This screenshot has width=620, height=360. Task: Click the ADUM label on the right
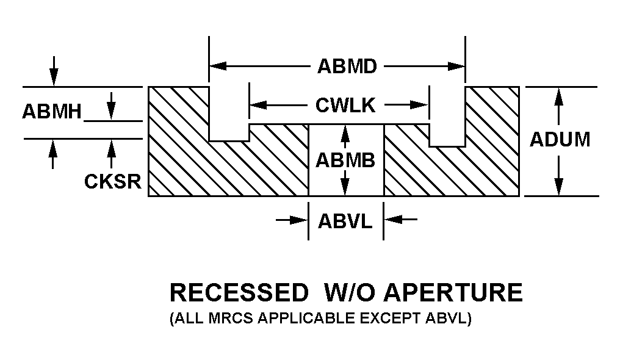click(560, 140)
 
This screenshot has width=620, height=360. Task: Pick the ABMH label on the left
click(52, 112)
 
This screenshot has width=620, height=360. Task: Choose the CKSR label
click(113, 182)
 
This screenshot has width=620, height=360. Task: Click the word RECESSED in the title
click(239, 293)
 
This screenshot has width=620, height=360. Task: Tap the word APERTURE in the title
click(453, 293)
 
